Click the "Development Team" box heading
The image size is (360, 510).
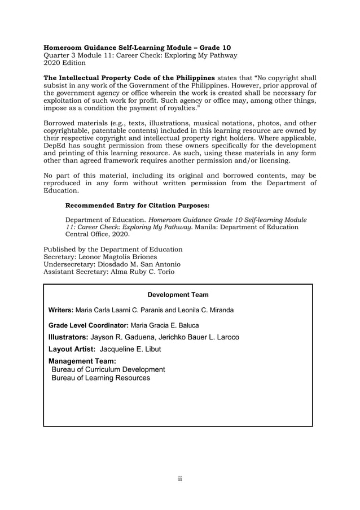click(x=178, y=295)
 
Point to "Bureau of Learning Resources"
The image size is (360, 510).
click(x=101, y=378)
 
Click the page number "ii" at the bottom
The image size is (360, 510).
click(x=180, y=479)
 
